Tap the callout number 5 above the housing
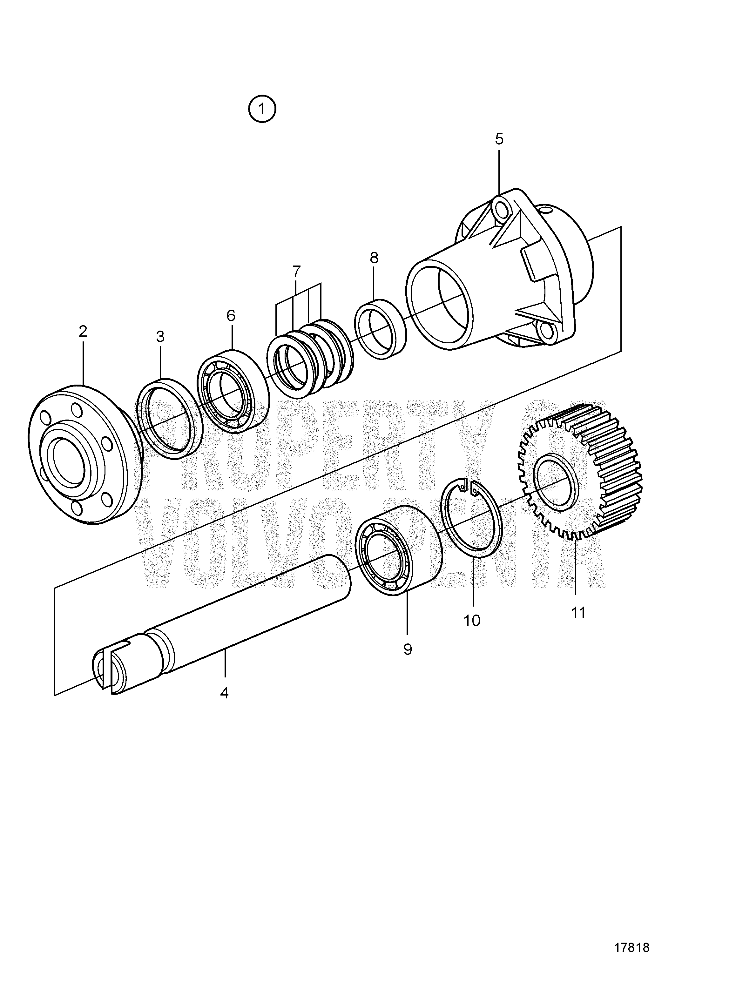pyautogui.click(x=499, y=139)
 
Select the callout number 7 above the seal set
pyautogui.click(x=297, y=271)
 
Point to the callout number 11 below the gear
pyautogui.click(x=578, y=613)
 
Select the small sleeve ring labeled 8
pyautogui.click(x=381, y=329)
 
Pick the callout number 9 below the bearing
pyautogui.click(x=407, y=649)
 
